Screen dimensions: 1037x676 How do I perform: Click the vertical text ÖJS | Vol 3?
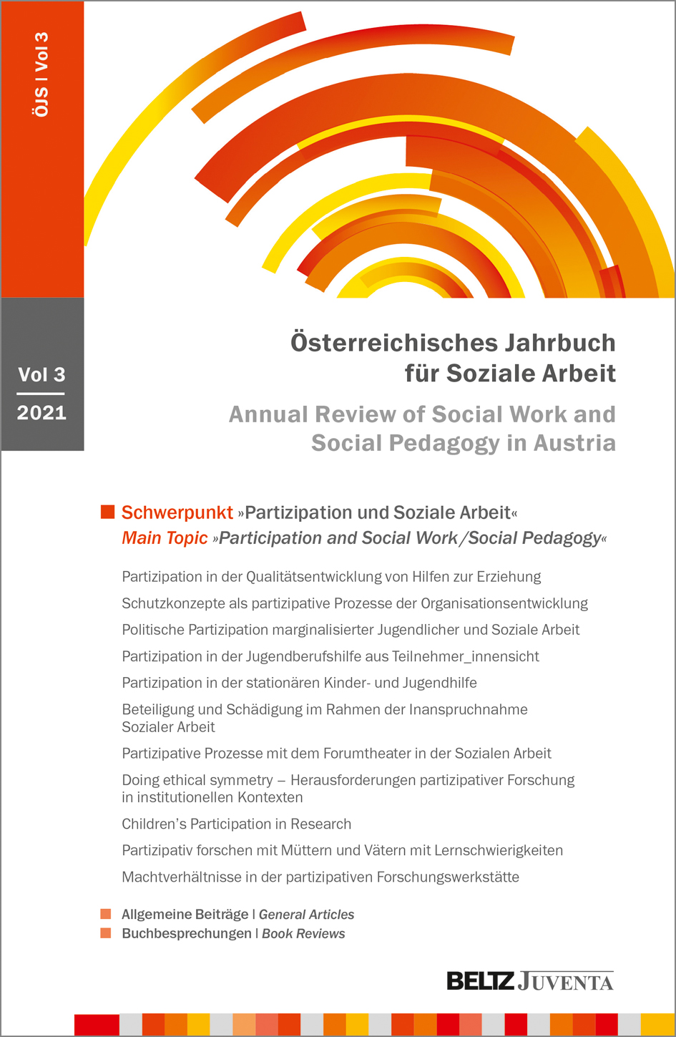pos(41,74)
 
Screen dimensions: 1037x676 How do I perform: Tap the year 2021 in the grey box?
pos(41,413)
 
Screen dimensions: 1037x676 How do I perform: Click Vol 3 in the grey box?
pos(41,374)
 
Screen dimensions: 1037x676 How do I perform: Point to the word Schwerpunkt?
pos(177,512)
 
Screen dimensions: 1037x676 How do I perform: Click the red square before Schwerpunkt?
pos(108,512)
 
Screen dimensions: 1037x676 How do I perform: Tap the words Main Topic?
pos(165,538)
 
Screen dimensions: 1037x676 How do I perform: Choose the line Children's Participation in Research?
pos(236,824)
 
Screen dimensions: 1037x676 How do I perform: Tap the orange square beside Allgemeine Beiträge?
pos(106,914)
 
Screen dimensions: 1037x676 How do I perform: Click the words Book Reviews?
pos(303,933)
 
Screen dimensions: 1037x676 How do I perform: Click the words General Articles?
pos(306,915)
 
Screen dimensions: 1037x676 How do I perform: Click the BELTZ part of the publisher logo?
pos(480,980)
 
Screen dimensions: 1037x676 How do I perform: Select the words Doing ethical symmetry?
pos(197,779)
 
